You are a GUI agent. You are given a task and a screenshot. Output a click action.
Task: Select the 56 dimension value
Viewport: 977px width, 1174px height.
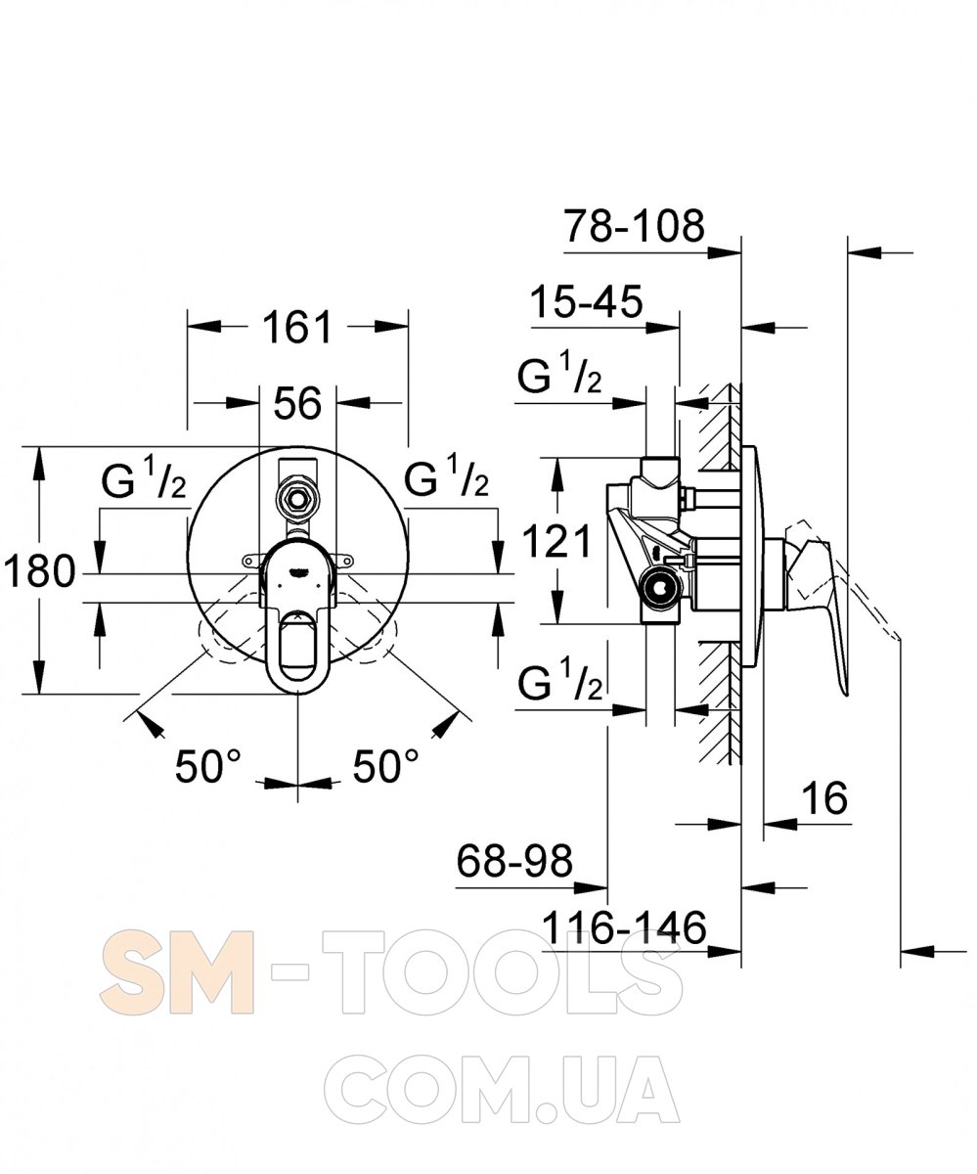(297, 402)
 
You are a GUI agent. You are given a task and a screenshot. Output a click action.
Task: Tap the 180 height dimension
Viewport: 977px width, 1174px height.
(39, 571)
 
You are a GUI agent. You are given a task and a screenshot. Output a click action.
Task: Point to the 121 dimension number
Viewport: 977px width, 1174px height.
(556, 541)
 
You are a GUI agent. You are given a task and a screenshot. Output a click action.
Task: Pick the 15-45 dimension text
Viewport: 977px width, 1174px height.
(587, 301)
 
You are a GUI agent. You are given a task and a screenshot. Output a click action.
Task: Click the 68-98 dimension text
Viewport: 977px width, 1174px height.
(515, 860)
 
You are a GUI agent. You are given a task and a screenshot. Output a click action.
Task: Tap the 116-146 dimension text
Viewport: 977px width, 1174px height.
(625, 927)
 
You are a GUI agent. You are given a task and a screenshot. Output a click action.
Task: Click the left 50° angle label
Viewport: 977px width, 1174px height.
(208, 766)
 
